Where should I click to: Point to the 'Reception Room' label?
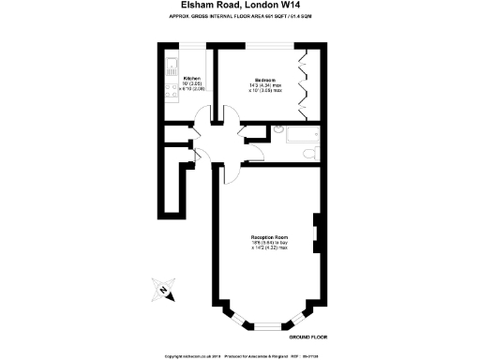[x=269, y=235]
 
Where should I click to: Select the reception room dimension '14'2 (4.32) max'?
[x=269, y=247]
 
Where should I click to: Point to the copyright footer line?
[x=240, y=355]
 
